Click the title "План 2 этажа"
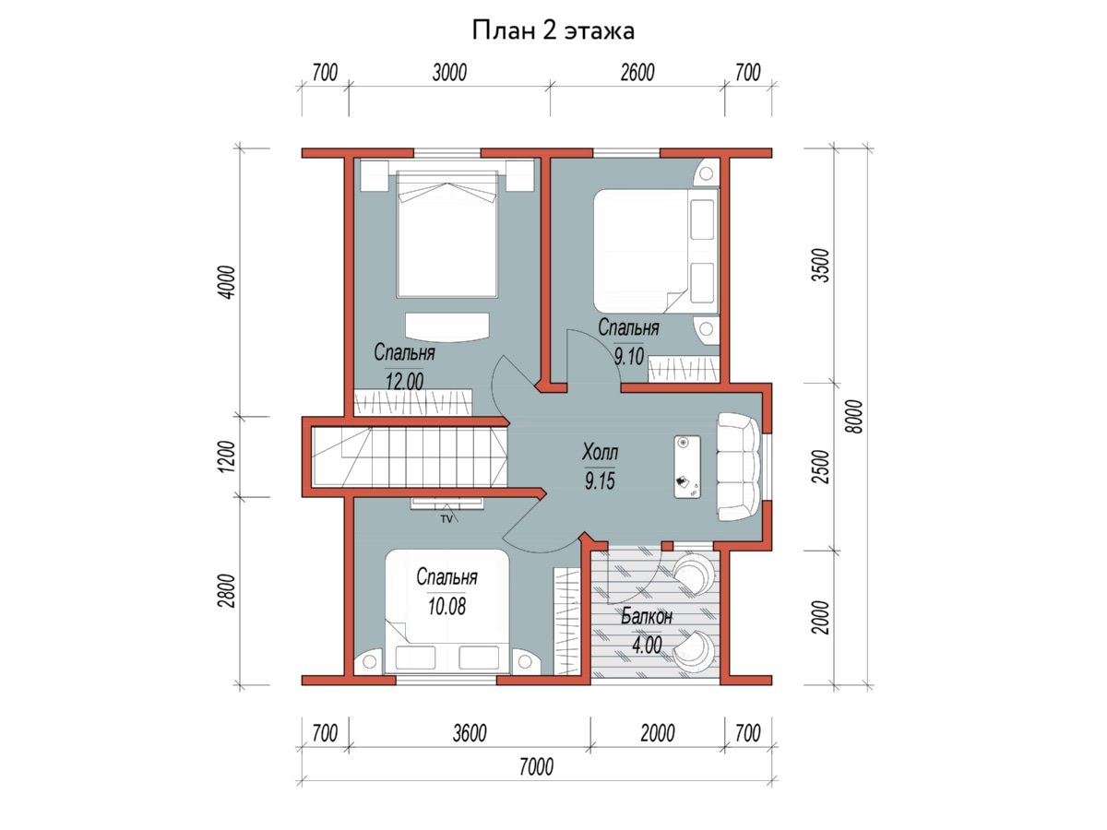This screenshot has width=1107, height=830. pyautogui.click(x=553, y=30)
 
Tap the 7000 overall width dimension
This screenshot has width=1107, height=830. pyautogui.click(x=536, y=767)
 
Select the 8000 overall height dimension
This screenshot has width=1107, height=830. pyautogui.click(x=854, y=416)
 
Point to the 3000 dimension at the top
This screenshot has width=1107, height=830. pyautogui.click(x=449, y=73)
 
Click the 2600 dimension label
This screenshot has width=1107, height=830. pyautogui.click(x=637, y=73)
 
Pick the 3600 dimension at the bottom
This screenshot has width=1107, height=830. pyautogui.click(x=470, y=733)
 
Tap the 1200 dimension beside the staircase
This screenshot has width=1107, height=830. pyautogui.click(x=228, y=456)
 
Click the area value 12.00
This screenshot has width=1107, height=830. pyautogui.click(x=404, y=381)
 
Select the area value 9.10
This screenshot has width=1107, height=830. pyautogui.click(x=628, y=356)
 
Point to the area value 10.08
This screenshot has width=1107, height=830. pyautogui.click(x=446, y=606)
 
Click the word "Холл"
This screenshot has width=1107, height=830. pyautogui.click(x=600, y=452)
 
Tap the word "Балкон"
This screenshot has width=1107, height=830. pyautogui.click(x=646, y=616)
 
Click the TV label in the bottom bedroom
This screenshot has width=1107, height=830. pyautogui.click(x=446, y=519)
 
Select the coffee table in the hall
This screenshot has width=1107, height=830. pyautogui.click(x=687, y=468)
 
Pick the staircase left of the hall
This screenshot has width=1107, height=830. pyautogui.click(x=410, y=457)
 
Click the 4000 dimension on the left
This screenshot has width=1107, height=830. pyautogui.click(x=228, y=282)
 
